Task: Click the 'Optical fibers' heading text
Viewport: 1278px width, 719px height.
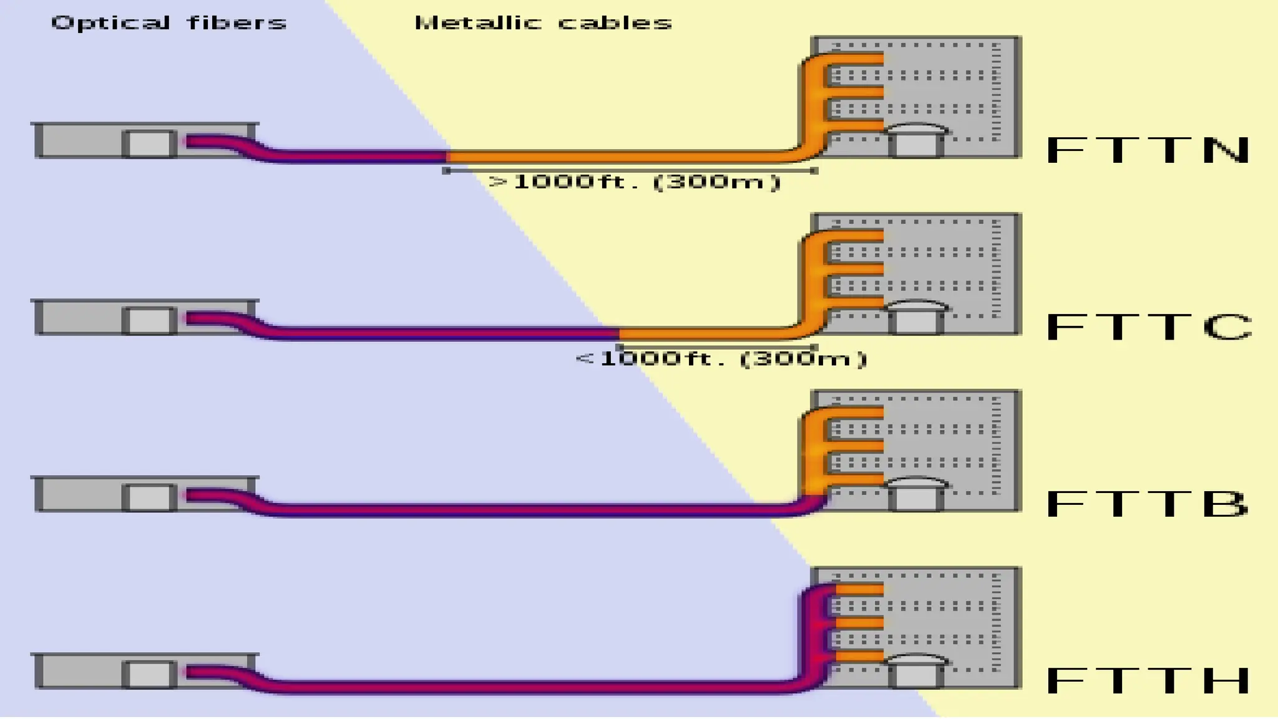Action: [x=168, y=23]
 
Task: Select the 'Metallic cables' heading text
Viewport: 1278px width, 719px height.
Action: [x=543, y=23]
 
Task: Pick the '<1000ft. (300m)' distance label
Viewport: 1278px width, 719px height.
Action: [x=721, y=359]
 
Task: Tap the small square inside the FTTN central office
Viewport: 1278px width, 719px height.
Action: [x=149, y=144]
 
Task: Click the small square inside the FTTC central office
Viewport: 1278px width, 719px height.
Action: [x=149, y=321]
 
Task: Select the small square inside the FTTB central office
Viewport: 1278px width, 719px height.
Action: [x=149, y=497]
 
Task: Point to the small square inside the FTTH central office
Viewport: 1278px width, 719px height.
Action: [x=149, y=675]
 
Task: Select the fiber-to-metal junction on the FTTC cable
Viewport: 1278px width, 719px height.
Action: [x=618, y=333]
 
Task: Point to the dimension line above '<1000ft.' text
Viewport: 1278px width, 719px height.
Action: [x=716, y=346]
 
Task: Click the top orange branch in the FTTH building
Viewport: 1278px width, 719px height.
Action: [x=859, y=589]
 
